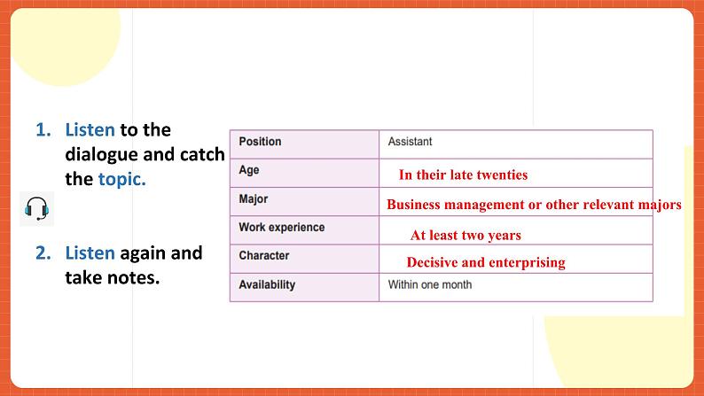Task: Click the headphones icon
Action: [x=35, y=209]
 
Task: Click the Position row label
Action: [x=260, y=142]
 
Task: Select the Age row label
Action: [x=249, y=170]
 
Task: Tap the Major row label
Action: [x=254, y=199]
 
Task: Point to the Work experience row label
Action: [x=281, y=228]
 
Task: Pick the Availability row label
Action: [x=267, y=285]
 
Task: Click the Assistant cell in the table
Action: [x=411, y=142]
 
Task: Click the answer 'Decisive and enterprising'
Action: [x=485, y=262]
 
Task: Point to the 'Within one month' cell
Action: [x=430, y=285]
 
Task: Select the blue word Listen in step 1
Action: [x=90, y=130]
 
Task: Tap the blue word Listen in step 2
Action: [x=90, y=253]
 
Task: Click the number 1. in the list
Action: [x=44, y=130]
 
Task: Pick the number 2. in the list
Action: [x=44, y=253]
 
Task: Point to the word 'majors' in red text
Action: [x=660, y=205]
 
